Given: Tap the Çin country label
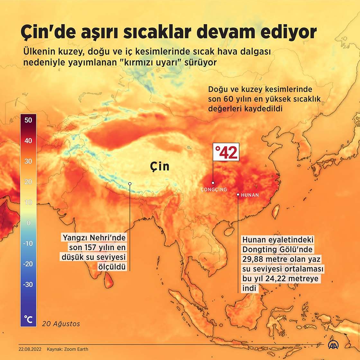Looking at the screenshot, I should [x=159, y=166].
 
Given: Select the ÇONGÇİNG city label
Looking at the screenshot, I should [x=214, y=190].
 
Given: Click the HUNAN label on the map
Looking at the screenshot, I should [x=250, y=195].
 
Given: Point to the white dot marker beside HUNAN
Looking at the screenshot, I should [x=238, y=194].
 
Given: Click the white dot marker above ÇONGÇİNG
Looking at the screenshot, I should [x=213, y=183].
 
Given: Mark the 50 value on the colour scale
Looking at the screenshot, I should [x=28, y=120].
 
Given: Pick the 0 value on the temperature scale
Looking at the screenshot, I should [x=28, y=223].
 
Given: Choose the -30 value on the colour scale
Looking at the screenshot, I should [x=28, y=284].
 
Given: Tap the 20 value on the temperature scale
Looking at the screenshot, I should [x=28, y=182].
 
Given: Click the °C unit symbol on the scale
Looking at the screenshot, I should [x=28, y=319].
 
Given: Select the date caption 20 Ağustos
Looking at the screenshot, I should [x=61, y=324].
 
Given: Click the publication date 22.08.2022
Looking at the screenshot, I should [x=30, y=349].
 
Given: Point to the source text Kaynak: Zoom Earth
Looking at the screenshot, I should [x=67, y=349].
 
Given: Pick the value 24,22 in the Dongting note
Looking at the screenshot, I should [x=276, y=279].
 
